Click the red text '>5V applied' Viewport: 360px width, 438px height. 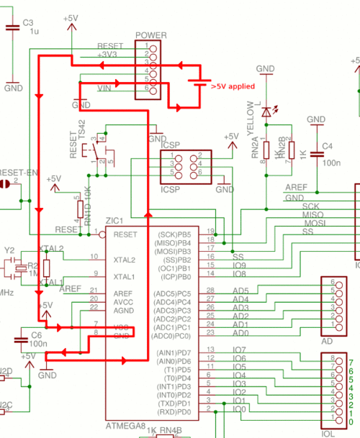coord(233,86)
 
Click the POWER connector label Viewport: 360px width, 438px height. coord(150,35)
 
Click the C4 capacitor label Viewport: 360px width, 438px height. coord(328,146)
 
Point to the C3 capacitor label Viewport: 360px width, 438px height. coord(28,23)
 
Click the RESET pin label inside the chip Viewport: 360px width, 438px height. coord(125,234)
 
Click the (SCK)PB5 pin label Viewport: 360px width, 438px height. coord(174,234)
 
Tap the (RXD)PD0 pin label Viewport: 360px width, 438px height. coord(174,412)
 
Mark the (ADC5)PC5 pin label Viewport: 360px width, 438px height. coord(174,293)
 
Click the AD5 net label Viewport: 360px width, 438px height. coord(240,291)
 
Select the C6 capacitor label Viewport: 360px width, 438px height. coord(36,336)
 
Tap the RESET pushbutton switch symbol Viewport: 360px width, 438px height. coord(95,151)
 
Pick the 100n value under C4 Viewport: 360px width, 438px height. coord(332,165)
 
